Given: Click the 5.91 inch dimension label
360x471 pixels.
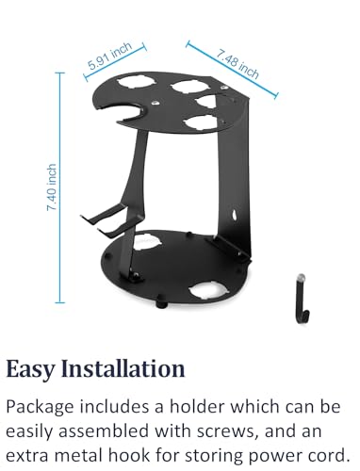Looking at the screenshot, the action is (109, 57).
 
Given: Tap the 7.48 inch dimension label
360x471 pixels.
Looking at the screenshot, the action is (237, 64).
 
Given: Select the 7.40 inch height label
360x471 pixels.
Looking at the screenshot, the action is (52, 187).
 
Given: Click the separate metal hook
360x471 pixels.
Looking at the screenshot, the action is (302, 299).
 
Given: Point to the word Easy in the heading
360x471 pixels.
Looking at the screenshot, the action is (30, 369).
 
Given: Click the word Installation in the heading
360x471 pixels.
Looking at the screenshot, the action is (123, 368).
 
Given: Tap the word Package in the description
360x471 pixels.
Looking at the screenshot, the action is (40, 407).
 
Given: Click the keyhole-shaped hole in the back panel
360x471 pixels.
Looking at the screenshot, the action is (235, 216).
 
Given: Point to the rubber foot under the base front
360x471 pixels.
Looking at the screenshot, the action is (161, 302).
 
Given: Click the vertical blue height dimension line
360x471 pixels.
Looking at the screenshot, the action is (59, 187).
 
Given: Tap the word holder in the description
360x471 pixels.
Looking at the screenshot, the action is (197, 406).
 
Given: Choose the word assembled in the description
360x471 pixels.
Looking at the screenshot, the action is (104, 430).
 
